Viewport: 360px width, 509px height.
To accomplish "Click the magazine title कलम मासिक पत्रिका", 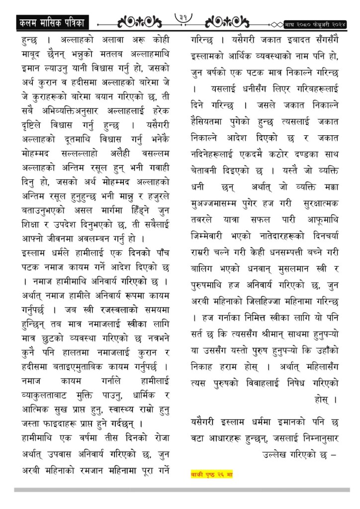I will [50, 23].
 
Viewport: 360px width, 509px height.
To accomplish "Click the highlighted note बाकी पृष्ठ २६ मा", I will [212, 474].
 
